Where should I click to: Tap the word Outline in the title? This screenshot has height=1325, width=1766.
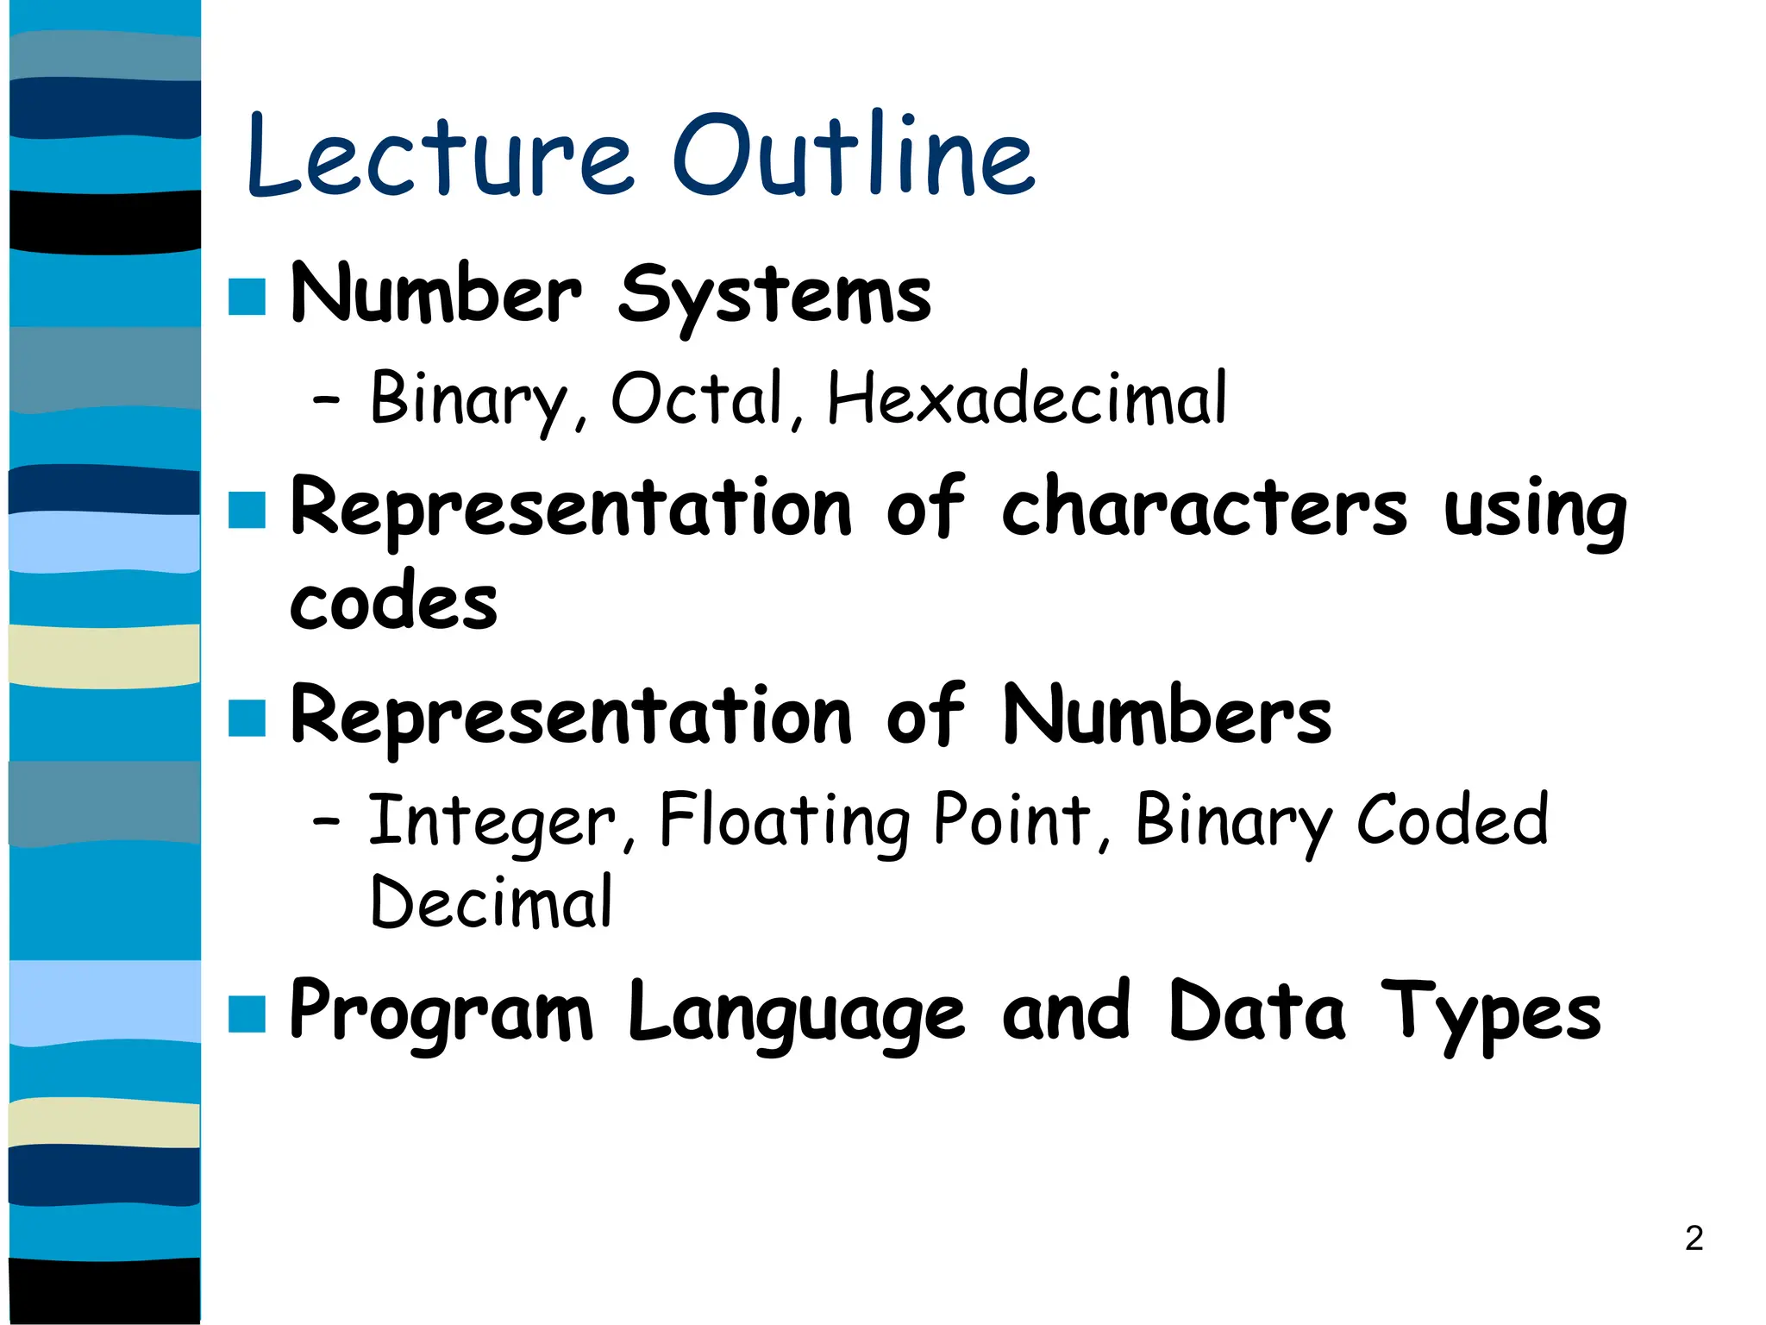coord(854,155)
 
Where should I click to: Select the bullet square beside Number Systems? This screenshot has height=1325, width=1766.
coord(247,297)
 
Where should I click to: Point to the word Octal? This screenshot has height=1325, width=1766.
coord(697,399)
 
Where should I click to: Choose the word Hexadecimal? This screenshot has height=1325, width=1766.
coord(1026,399)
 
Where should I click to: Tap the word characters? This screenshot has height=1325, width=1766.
coord(1204,509)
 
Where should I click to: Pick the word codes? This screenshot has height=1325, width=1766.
coord(393,602)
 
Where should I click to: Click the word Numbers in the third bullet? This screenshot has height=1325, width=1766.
coord(1167,716)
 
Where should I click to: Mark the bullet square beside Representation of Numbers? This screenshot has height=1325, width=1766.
coord(247,719)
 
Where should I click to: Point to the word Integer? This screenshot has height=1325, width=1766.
coord(492,821)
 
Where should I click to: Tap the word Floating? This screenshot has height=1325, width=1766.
coord(784,821)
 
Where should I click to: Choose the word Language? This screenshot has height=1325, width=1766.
coord(795,1014)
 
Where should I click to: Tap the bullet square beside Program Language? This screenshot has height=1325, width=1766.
coord(247,1014)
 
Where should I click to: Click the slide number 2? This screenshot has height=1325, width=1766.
coord(1694,1238)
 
